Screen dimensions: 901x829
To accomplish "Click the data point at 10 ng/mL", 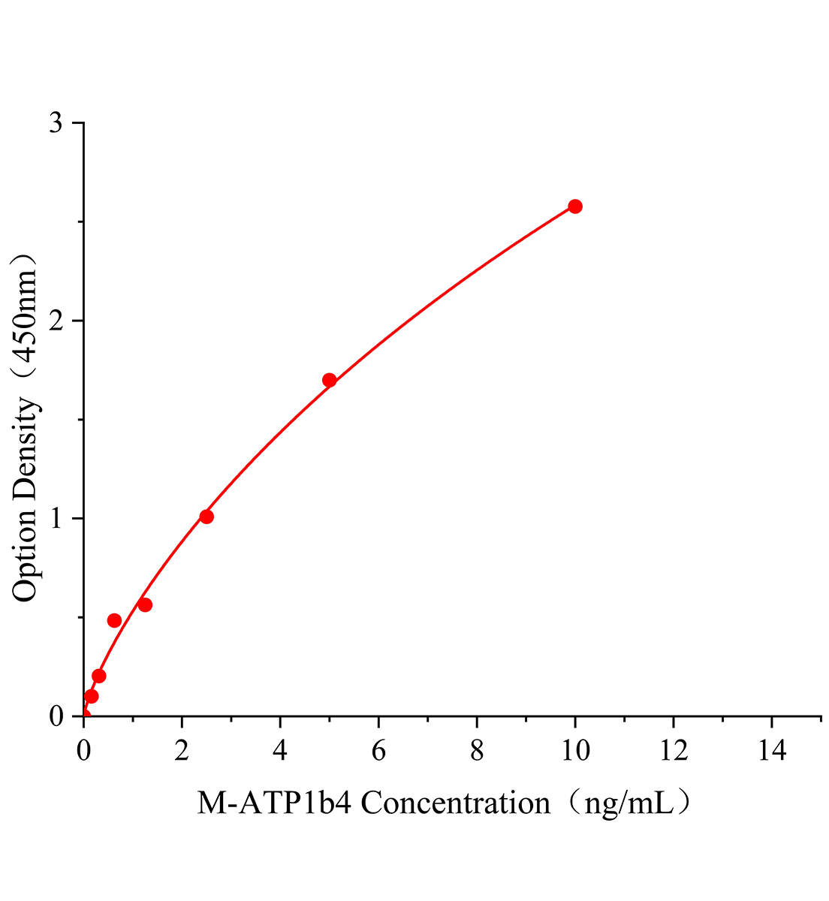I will tap(575, 206).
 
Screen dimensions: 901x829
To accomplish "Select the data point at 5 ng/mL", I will tap(329, 380).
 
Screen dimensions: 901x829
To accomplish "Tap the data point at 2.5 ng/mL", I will tap(206, 517).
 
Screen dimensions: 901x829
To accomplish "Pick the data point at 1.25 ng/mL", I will tap(145, 605).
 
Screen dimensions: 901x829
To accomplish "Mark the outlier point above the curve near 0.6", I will tap(114, 620).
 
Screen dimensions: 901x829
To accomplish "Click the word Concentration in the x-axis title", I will tap(456, 804).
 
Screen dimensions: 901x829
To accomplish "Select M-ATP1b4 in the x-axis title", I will tap(276, 804).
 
